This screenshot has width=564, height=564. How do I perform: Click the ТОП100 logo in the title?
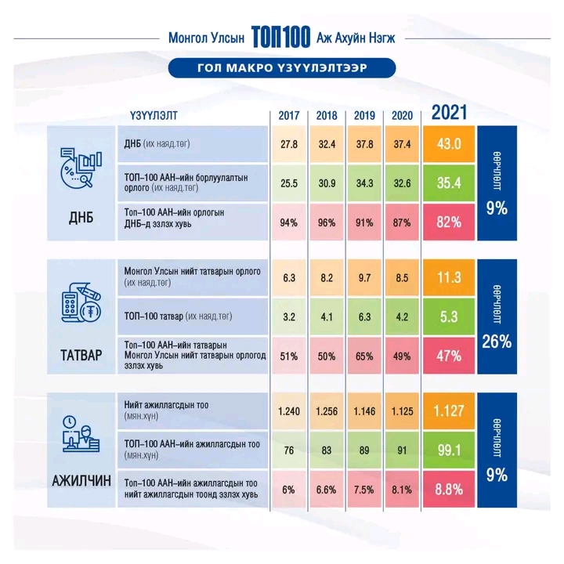[281, 37]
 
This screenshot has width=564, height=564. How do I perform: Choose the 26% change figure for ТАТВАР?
[496, 341]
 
